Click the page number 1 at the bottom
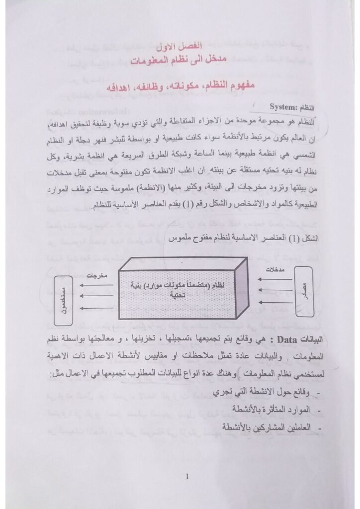pos(186,478)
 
